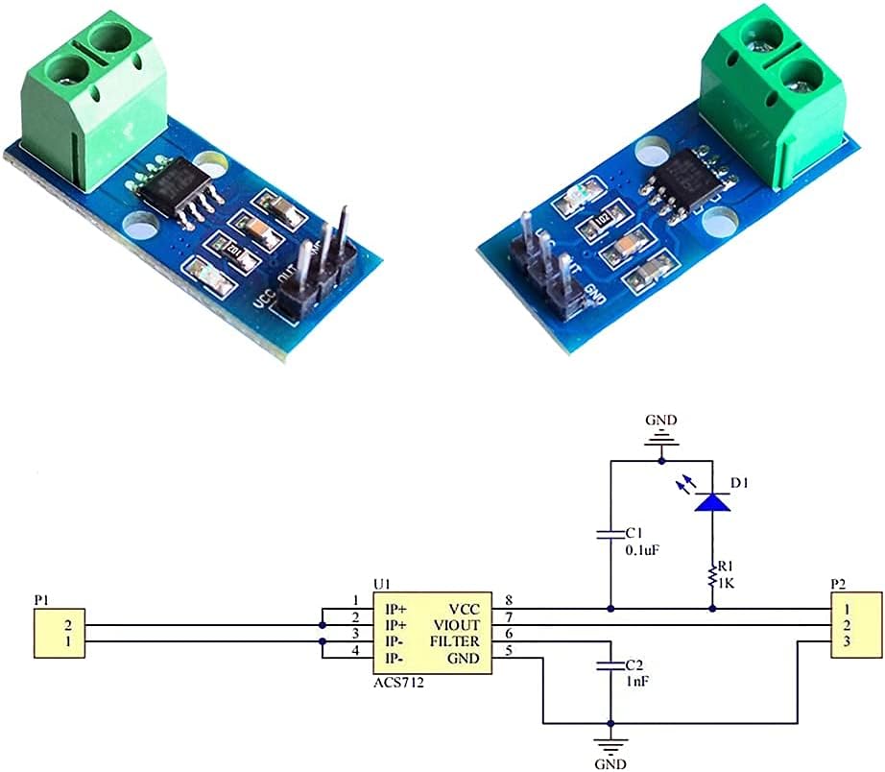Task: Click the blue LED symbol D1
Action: pyautogui.click(x=712, y=501)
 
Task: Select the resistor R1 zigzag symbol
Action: pyautogui.click(x=712, y=577)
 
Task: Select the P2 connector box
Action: pyautogui.click(x=854, y=633)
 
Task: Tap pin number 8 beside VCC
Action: pyautogui.click(x=508, y=600)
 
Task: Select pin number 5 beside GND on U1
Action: pyautogui.click(x=508, y=651)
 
